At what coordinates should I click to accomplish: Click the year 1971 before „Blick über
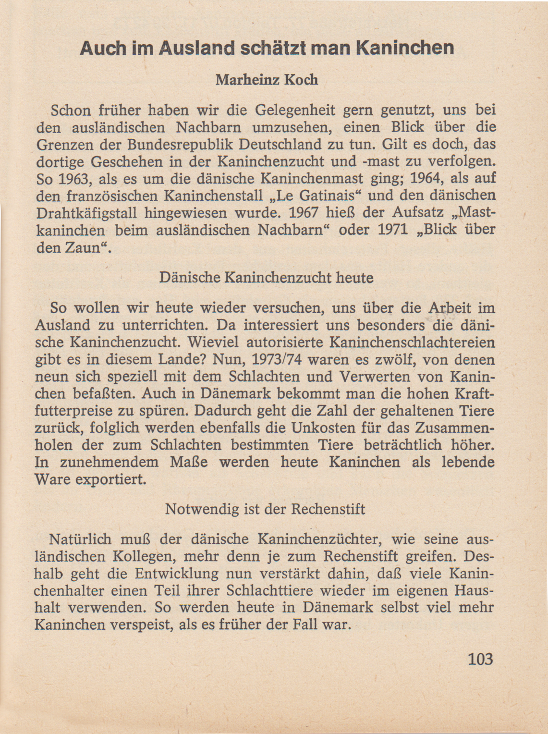[396, 230]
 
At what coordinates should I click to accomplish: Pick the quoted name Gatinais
[329, 196]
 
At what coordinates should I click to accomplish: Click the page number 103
[480, 659]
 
